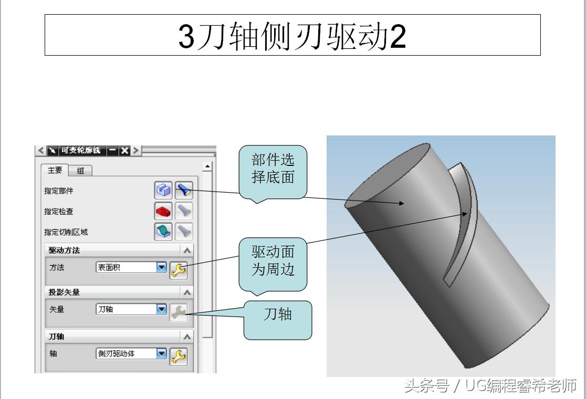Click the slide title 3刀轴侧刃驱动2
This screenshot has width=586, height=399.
[x=292, y=35]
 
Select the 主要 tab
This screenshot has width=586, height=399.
[x=55, y=170]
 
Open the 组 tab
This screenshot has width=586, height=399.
[x=80, y=171]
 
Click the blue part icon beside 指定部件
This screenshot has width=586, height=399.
[x=163, y=190]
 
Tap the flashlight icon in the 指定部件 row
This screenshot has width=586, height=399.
[x=184, y=190]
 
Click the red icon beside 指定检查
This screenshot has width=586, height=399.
[x=163, y=211]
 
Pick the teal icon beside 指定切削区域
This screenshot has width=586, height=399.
[x=163, y=231]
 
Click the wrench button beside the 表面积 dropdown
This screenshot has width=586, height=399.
[x=179, y=270]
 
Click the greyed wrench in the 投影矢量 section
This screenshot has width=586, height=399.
[x=179, y=312]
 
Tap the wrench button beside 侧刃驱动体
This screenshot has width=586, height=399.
[x=179, y=356]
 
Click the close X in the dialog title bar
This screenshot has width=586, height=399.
[x=124, y=151]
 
